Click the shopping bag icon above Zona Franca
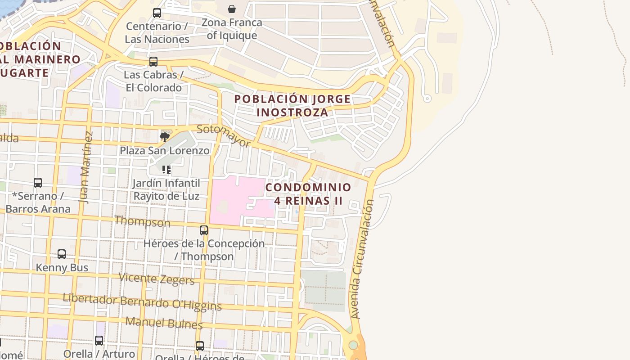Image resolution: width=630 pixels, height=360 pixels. point(232,9)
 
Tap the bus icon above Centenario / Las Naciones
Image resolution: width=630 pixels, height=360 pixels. point(157,13)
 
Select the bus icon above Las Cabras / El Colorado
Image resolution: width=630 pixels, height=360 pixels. point(153,62)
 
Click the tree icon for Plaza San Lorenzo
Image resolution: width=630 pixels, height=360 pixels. point(165,137)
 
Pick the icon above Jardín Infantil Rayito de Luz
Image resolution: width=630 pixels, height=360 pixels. point(166,170)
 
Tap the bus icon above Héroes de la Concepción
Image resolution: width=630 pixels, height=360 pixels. point(204,230)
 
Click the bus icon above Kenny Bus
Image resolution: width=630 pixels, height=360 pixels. point(62,254)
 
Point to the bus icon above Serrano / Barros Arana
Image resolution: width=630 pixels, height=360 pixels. point(38,183)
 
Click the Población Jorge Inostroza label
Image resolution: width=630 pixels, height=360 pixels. point(292,106)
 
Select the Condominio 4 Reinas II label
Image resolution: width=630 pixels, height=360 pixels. point(308,194)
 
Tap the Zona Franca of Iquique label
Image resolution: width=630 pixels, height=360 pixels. point(232,29)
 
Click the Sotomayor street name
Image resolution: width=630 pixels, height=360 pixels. point(224,136)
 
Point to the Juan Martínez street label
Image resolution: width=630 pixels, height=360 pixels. point(86,167)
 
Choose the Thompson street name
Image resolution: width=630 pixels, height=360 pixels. point(143,221)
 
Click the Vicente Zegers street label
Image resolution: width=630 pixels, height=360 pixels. point(157,279)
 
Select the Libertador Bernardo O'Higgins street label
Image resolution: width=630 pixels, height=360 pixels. point(142,302)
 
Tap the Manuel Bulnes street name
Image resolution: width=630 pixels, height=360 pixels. point(164,323)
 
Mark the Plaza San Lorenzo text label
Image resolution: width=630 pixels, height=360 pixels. point(165,151)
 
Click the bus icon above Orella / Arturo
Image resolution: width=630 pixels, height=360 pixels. point(99,341)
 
